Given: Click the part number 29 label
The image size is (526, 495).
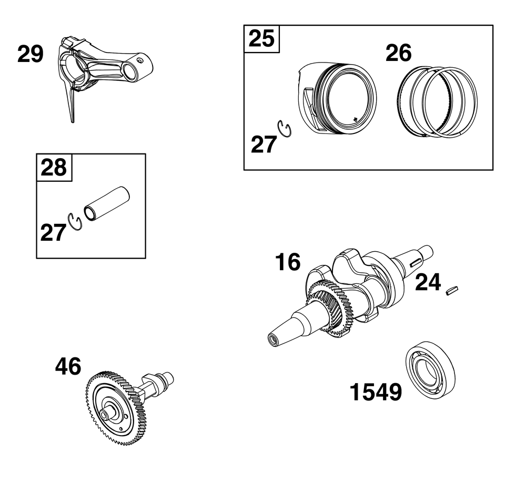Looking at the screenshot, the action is (x=31, y=54).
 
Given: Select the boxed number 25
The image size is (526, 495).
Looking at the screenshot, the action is (x=261, y=38).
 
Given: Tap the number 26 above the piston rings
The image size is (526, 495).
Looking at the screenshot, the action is (x=399, y=53).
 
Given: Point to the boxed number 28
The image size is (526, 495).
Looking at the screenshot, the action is (x=54, y=168).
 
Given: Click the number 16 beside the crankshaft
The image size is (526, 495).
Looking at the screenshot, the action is (x=288, y=262).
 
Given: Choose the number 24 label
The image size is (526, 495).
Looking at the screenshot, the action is (x=428, y=283).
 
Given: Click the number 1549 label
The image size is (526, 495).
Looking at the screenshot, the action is (x=376, y=392).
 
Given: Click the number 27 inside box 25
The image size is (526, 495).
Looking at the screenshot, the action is (x=264, y=145).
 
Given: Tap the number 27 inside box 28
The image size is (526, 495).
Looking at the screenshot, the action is (x=53, y=233).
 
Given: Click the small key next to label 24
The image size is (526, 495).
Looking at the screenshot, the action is (x=452, y=290).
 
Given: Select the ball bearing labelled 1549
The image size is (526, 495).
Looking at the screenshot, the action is (x=430, y=370).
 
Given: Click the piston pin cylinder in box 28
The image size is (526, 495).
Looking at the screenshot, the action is (x=107, y=203).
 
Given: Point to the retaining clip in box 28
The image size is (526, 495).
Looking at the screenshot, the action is (x=75, y=222).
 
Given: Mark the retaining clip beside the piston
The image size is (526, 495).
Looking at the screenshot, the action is (x=285, y=129).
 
